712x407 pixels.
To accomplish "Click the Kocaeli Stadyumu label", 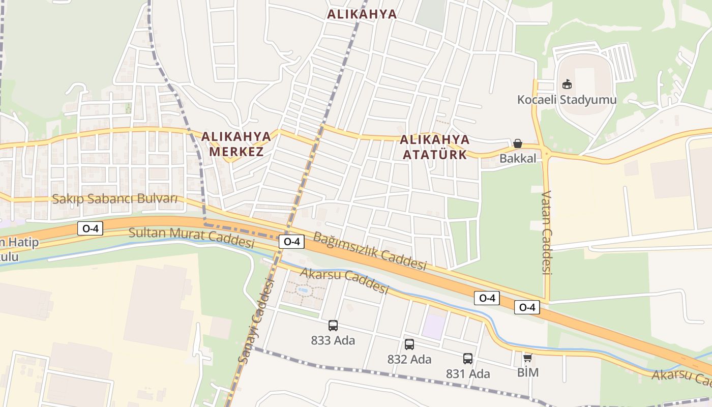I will point(567,99).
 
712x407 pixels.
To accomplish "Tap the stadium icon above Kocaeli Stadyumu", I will point(567,84).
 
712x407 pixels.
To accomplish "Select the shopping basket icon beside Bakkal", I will point(518,143).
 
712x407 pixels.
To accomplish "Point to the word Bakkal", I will point(518,158).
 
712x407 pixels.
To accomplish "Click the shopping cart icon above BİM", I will point(527,358).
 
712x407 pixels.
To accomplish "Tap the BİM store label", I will point(527,372).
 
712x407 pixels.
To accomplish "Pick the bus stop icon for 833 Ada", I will point(333,326).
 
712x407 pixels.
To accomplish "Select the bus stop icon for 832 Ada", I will point(409,344).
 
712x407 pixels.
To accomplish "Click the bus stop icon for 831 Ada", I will point(468,359).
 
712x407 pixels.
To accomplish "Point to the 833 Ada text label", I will point(333,340).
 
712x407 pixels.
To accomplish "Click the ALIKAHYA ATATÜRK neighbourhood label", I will point(435,147).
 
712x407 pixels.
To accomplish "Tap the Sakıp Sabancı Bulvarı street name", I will point(115,198).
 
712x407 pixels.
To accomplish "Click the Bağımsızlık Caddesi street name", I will point(370,251).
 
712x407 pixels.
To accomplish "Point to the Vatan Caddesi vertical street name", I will point(547,232).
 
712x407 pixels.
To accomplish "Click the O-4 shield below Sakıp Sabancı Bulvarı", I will point(90,228).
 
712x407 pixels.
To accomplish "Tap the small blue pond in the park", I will point(304,290).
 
